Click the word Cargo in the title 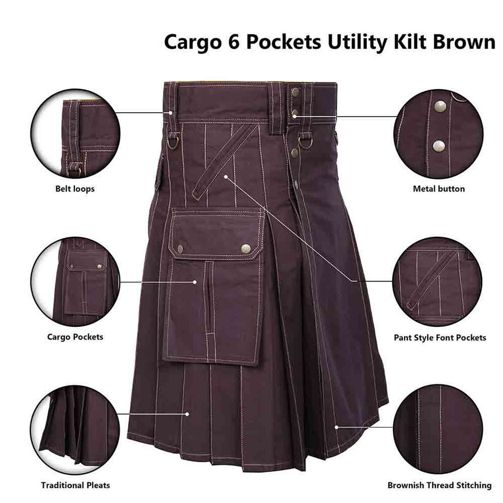pos(192,42)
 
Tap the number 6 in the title pos(234,41)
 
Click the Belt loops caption pos(75,189)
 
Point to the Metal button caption pos(439,189)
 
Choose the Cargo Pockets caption pos(75,337)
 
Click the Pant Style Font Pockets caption pos(440,338)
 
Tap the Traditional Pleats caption pos(75,485)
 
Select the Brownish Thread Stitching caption pos(440,485)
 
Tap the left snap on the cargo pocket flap pos(180,248)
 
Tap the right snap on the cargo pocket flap pos(246,248)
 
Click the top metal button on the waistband pos(295,93)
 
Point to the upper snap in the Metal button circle pos(440,106)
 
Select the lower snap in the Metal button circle pos(439,146)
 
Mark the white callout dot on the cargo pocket pos(195,282)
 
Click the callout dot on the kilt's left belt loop pos(171,113)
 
